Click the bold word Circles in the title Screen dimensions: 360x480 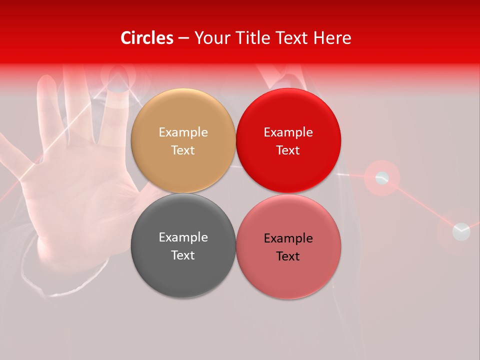click(x=146, y=38)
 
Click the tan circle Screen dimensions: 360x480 click(x=183, y=140)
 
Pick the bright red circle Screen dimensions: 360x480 click(x=288, y=140)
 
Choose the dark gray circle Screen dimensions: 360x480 click(x=183, y=245)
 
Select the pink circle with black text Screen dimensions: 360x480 click(x=288, y=245)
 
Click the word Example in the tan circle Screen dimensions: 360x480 click(x=183, y=132)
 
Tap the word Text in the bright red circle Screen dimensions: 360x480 click(x=288, y=150)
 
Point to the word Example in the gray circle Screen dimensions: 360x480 click(x=183, y=237)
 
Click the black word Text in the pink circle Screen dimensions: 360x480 click(x=288, y=256)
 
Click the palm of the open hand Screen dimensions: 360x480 click(x=75, y=200)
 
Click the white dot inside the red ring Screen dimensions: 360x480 click(x=382, y=177)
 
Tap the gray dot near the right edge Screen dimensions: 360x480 click(x=461, y=231)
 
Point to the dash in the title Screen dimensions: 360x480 click(x=183, y=38)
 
